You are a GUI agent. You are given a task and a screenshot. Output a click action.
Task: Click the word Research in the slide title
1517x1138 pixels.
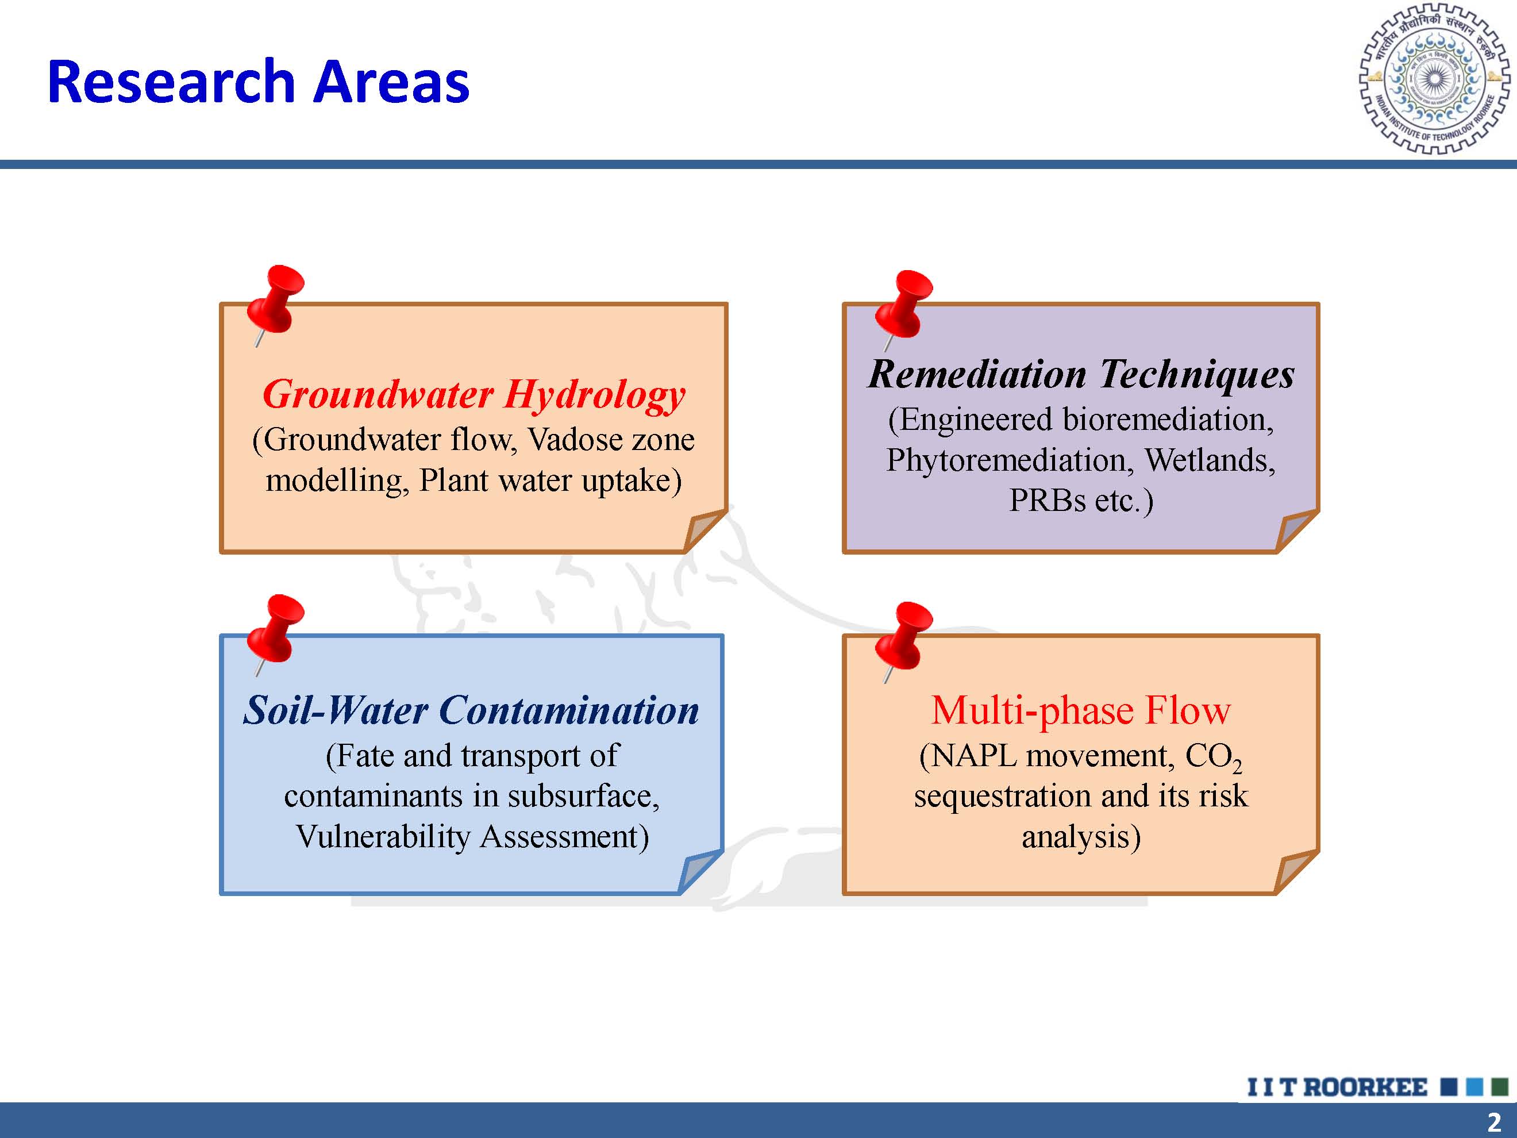[171, 82]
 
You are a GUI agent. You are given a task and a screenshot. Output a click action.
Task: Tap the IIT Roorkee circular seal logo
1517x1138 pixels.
[1435, 78]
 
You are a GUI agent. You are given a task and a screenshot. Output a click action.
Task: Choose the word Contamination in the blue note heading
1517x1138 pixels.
[569, 710]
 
